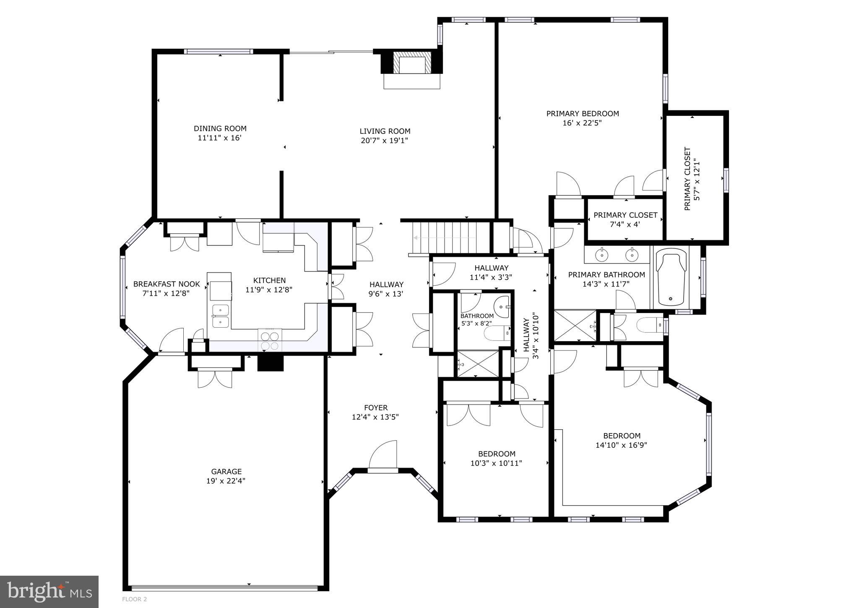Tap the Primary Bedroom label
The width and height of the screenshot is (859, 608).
(x=582, y=114)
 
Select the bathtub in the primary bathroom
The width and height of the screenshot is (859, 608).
(x=672, y=277)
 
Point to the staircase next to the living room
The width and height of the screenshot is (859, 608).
(x=451, y=238)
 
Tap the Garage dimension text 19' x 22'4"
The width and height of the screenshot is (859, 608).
(x=226, y=481)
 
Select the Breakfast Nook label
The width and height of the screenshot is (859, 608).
(x=167, y=284)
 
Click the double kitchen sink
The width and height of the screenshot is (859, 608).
(x=220, y=316)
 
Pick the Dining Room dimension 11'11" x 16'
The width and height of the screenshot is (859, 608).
(x=220, y=138)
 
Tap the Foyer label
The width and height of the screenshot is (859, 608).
(x=376, y=407)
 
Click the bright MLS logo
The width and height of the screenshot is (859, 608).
(x=49, y=591)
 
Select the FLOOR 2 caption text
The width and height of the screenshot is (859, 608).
(x=134, y=599)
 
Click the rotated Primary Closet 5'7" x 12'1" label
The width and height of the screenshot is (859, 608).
(x=692, y=179)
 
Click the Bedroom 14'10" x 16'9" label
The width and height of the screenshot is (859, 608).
(x=622, y=436)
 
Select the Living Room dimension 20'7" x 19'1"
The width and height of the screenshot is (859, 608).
(x=384, y=141)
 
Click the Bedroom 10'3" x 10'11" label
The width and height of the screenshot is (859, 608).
(x=497, y=454)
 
